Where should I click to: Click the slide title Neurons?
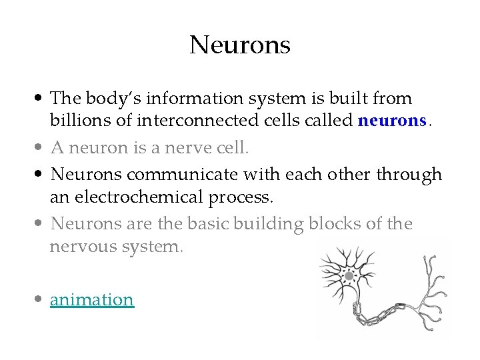click(240, 45)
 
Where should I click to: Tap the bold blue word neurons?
click(392, 121)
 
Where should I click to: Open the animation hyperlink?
click(92, 300)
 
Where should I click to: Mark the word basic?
click(204, 224)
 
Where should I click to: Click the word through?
click(409, 175)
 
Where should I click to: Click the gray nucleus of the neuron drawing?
click(349, 275)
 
